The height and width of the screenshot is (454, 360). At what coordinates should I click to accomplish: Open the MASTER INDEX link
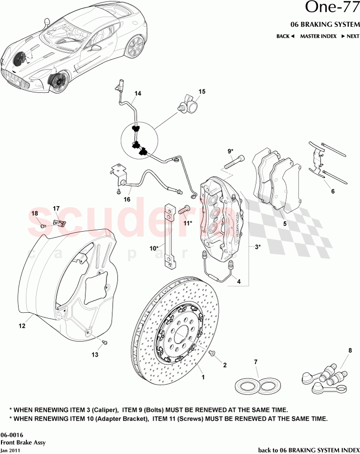coord(318,36)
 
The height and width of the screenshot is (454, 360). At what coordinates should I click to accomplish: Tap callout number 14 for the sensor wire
coord(138,93)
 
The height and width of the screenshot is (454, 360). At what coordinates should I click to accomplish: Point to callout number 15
coord(202,91)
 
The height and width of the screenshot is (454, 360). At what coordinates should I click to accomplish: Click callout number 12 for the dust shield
coord(22,325)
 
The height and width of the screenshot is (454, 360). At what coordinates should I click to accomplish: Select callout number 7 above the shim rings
coord(255,362)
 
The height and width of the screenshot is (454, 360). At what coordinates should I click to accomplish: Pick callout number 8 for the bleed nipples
coord(350,350)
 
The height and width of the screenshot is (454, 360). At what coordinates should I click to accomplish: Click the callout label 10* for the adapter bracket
coord(153,248)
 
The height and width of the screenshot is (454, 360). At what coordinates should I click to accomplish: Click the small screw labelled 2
coord(212,352)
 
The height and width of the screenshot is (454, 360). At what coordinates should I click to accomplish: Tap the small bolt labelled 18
coord(42,226)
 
